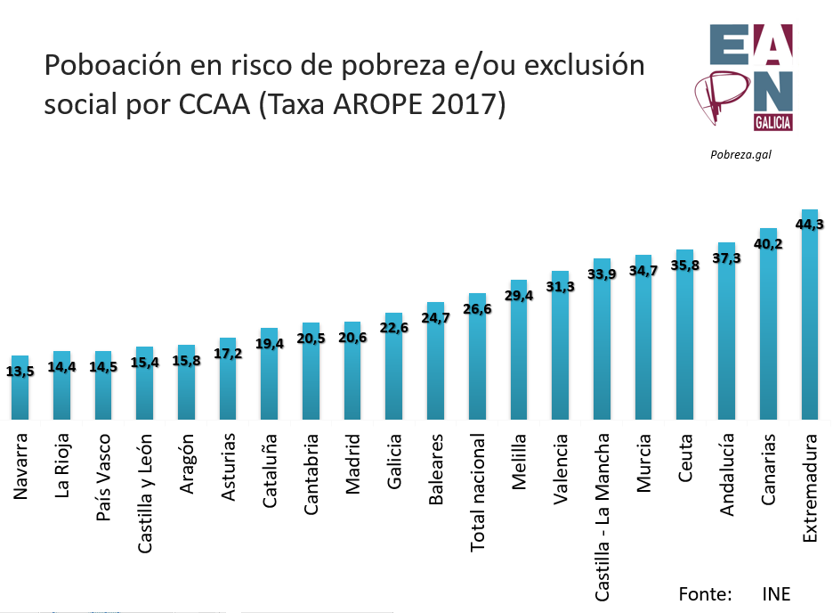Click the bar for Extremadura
(x=809, y=321)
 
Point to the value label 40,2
(x=767, y=243)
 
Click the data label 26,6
(x=477, y=309)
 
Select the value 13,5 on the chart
(x=20, y=371)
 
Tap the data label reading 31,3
(x=561, y=286)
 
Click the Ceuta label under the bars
(x=685, y=458)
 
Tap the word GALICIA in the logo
(x=772, y=122)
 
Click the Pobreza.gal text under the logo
(x=740, y=153)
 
